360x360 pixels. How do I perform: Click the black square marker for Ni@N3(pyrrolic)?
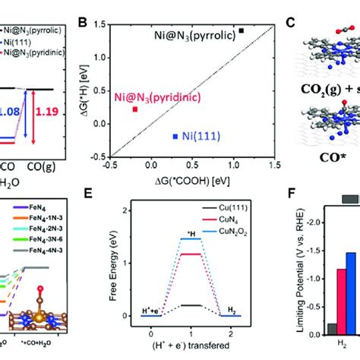tap(242, 30)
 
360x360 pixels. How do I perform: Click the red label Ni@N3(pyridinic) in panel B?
tap(152, 96)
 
